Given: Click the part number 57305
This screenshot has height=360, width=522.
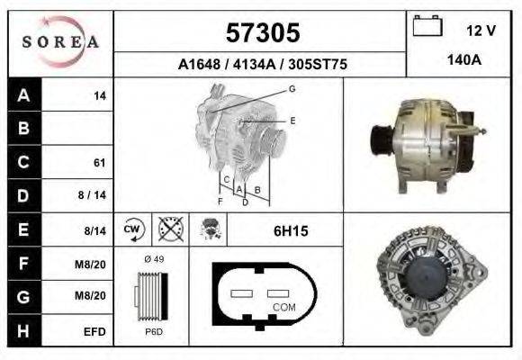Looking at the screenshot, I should (261, 33).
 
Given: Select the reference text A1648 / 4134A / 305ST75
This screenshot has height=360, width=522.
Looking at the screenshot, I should (262, 65).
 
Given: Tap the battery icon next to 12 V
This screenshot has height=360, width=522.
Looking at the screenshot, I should (426, 28).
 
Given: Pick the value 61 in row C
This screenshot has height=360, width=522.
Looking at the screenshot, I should (99, 163).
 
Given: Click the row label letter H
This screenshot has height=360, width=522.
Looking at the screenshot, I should (23, 331).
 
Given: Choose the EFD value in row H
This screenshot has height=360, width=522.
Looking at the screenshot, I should (94, 331).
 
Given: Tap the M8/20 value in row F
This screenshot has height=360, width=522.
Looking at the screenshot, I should (94, 265).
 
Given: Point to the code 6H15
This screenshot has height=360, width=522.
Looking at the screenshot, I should (290, 231).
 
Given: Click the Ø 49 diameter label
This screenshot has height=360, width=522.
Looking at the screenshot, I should (153, 259).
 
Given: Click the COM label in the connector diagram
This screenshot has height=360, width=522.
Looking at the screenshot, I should (283, 308).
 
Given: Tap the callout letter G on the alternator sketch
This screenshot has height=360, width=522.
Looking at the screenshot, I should (292, 88).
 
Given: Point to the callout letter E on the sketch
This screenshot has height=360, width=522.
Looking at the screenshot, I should (292, 120).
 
